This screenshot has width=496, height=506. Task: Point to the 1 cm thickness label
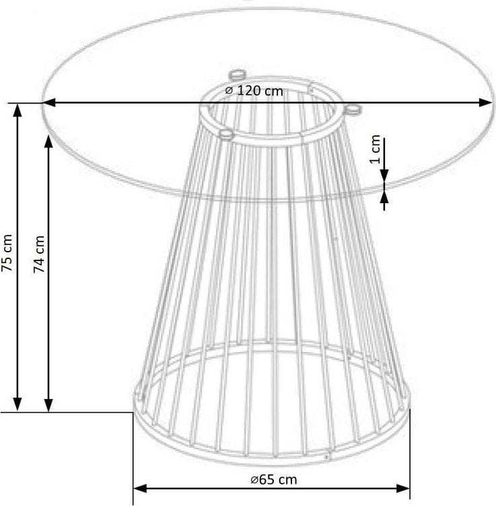[376, 150]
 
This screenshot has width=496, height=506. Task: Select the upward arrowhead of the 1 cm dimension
[384, 196]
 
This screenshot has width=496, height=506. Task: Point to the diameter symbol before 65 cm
[252, 480]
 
